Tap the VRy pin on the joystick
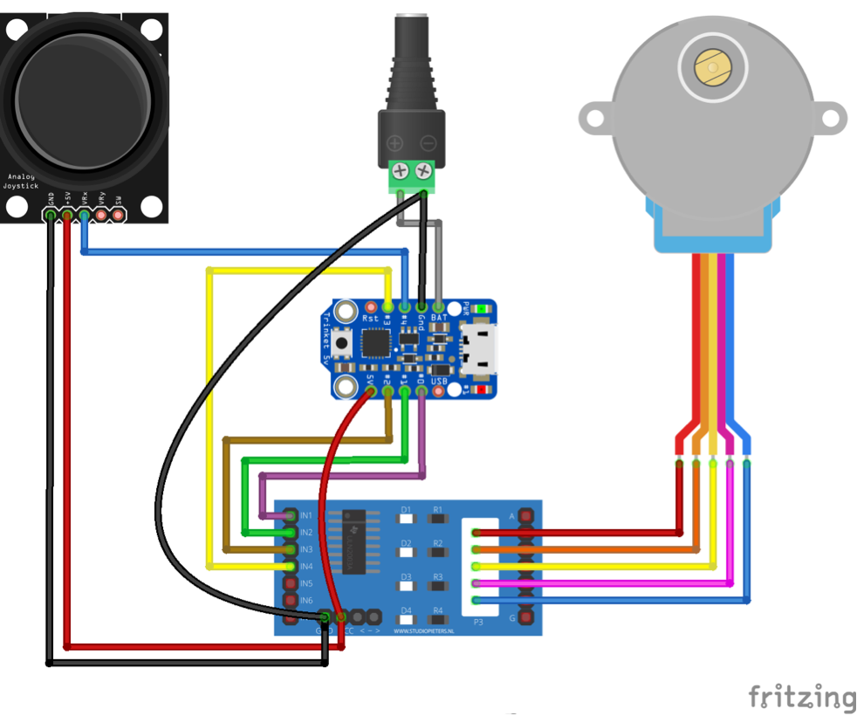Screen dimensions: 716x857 [x=102, y=214]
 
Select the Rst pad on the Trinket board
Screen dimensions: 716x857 [x=371, y=307]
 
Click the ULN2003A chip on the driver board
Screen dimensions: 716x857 [x=353, y=541]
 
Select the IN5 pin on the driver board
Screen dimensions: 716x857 [x=291, y=583]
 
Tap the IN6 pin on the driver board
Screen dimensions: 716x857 [x=291, y=601]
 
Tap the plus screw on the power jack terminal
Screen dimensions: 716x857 [x=401, y=170]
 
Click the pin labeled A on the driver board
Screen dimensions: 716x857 [x=526, y=516]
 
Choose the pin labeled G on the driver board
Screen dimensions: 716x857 [x=526, y=617]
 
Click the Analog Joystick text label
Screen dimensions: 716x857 [x=21, y=181]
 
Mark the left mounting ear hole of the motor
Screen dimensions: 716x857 [x=596, y=116]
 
